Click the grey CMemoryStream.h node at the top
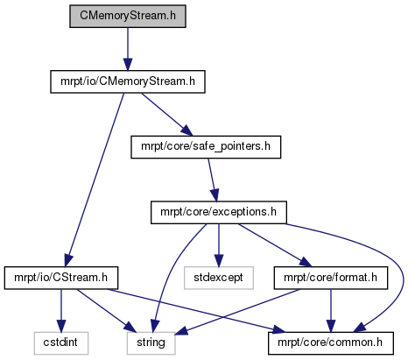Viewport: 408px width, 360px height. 128,17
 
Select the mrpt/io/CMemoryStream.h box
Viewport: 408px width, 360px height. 128,81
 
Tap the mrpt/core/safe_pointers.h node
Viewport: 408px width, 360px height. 206,147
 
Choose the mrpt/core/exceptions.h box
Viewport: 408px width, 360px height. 219,213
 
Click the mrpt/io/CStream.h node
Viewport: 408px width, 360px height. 61,278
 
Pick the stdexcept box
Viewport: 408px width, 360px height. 219,278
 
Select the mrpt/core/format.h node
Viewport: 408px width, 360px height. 331,278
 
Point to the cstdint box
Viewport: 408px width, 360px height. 61,343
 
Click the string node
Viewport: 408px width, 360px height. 151,343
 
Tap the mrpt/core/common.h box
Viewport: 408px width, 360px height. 331,343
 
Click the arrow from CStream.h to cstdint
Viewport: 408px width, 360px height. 61,311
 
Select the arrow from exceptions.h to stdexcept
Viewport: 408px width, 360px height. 219,245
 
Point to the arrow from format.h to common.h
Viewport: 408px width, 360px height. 331,311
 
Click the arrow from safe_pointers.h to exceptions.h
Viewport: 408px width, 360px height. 213,180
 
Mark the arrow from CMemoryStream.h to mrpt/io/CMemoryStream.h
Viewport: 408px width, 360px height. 128,49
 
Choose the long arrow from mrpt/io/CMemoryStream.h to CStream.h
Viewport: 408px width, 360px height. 95,180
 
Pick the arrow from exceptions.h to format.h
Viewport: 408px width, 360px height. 274,245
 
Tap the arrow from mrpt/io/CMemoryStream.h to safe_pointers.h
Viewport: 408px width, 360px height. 167,115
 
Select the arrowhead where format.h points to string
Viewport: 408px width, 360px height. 181,330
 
